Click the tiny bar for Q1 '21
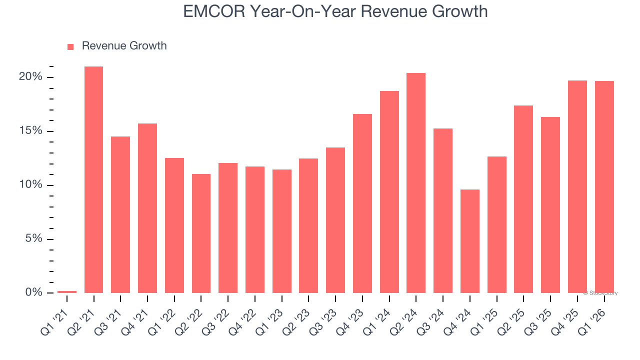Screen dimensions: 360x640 point(67,291)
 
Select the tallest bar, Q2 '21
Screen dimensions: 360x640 point(93,179)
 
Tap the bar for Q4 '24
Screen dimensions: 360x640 point(469,241)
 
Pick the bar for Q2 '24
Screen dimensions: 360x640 point(416,183)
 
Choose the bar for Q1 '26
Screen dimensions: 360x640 point(604,187)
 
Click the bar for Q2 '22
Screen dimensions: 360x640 point(201,233)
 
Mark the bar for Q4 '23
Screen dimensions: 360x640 point(362,203)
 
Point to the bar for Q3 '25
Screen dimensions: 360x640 point(550,205)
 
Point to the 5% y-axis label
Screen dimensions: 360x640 point(33,238)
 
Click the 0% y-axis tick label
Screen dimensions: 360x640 point(33,292)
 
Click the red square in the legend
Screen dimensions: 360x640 point(70,46)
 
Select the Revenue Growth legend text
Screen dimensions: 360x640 point(124,46)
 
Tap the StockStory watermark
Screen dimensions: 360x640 point(600,293)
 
